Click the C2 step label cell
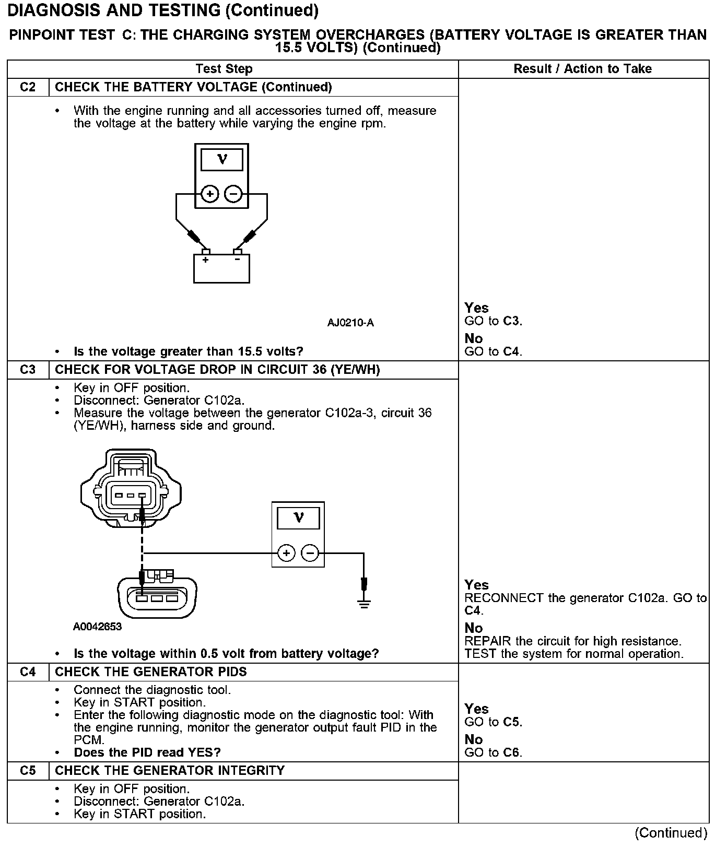[28, 87]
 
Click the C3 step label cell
[28, 370]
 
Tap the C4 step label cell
[28, 672]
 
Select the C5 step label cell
[28, 771]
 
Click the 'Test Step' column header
[224, 69]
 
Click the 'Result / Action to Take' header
[582, 69]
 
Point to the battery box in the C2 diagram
[221, 269]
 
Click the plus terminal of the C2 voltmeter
[210, 194]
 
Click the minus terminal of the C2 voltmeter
[233, 194]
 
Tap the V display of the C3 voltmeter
[298, 518]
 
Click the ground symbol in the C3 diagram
[364, 603]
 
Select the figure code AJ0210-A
[350, 323]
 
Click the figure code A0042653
[98, 627]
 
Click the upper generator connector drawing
[131, 488]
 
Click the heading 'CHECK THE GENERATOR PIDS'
[151, 672]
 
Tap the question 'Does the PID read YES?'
[147, 752]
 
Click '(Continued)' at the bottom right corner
[671, 833]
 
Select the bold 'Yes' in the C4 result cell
[476, 709]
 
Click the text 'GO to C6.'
[493, 752]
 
